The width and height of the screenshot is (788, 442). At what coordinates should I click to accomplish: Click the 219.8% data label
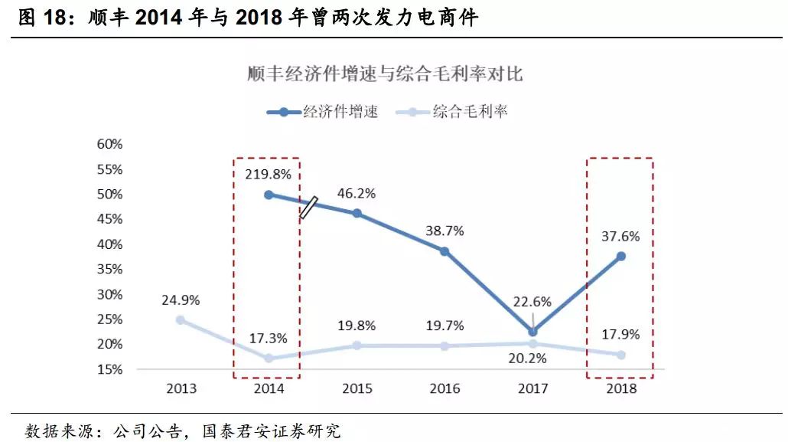[x=268, y=174]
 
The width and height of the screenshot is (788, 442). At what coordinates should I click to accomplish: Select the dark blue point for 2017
[x=533, y=332]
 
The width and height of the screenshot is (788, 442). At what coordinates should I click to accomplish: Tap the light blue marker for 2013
[x=181, y=319]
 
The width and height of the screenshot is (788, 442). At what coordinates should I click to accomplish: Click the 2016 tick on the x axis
[x=444, y=388]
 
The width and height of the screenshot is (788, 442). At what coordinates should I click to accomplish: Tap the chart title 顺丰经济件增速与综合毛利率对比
[x=385, y=74]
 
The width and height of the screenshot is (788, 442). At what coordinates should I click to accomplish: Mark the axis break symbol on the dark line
[x=308, y=207]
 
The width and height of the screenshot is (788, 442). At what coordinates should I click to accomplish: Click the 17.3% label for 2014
[x=267, y=337]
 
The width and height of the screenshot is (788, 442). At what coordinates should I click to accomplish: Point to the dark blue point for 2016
[x=444, y=251]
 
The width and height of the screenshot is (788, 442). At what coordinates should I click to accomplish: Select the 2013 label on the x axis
[x=181, y=388]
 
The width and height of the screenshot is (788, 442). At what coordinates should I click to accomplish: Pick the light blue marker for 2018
[x=621, y=355]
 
